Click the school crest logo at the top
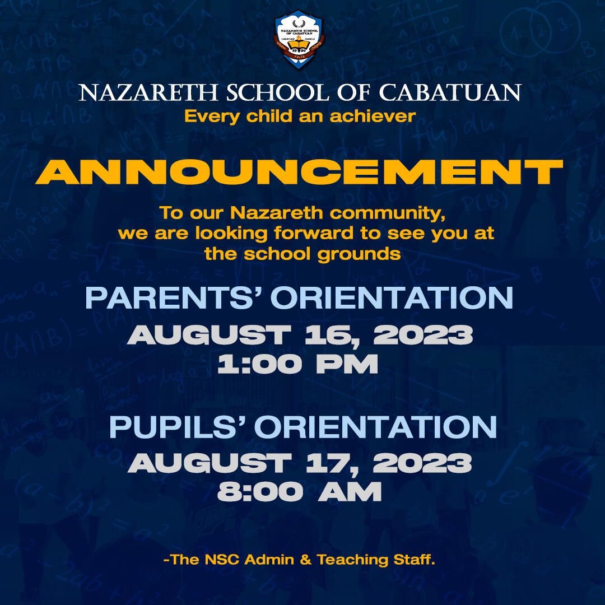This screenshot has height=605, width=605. (299, 39)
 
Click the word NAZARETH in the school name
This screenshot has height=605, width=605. (148, 93)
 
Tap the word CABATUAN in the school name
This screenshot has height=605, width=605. (450, 92)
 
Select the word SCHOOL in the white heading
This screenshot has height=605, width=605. (277, 93)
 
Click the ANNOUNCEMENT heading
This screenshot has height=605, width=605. (299, 172)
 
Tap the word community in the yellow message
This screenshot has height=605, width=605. (388, 213)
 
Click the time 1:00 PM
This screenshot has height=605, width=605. (297, 364)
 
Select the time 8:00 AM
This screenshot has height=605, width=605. (299, 492)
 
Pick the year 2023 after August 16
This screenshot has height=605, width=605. (423, 334)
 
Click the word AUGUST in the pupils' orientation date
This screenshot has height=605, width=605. (210, 463)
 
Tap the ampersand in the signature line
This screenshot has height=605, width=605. (306, 560)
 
